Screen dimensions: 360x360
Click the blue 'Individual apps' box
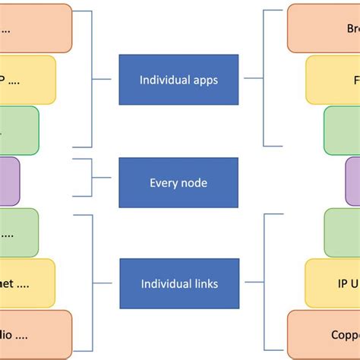[178, 80]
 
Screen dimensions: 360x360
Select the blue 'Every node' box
[178, 182]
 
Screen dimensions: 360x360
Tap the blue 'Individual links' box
[178, 284]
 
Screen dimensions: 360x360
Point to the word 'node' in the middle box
[193, 182]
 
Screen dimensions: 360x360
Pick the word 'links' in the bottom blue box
[204, 284]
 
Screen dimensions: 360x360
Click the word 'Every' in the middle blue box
[163, 182]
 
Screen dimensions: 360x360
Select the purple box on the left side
[9, 182]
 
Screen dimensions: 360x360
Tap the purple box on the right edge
[352, 182]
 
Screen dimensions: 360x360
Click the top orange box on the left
[35, 28]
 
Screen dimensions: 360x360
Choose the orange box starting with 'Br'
[324, 28]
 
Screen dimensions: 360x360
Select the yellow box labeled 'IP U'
[333, 283]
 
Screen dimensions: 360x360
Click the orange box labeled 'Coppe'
[324, 334]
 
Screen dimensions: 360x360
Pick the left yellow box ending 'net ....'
[27, 283]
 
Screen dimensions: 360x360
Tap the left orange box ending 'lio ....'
[35, 334]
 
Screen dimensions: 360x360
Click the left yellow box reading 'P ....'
[27, 80]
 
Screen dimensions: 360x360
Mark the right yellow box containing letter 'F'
[333, 80]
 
